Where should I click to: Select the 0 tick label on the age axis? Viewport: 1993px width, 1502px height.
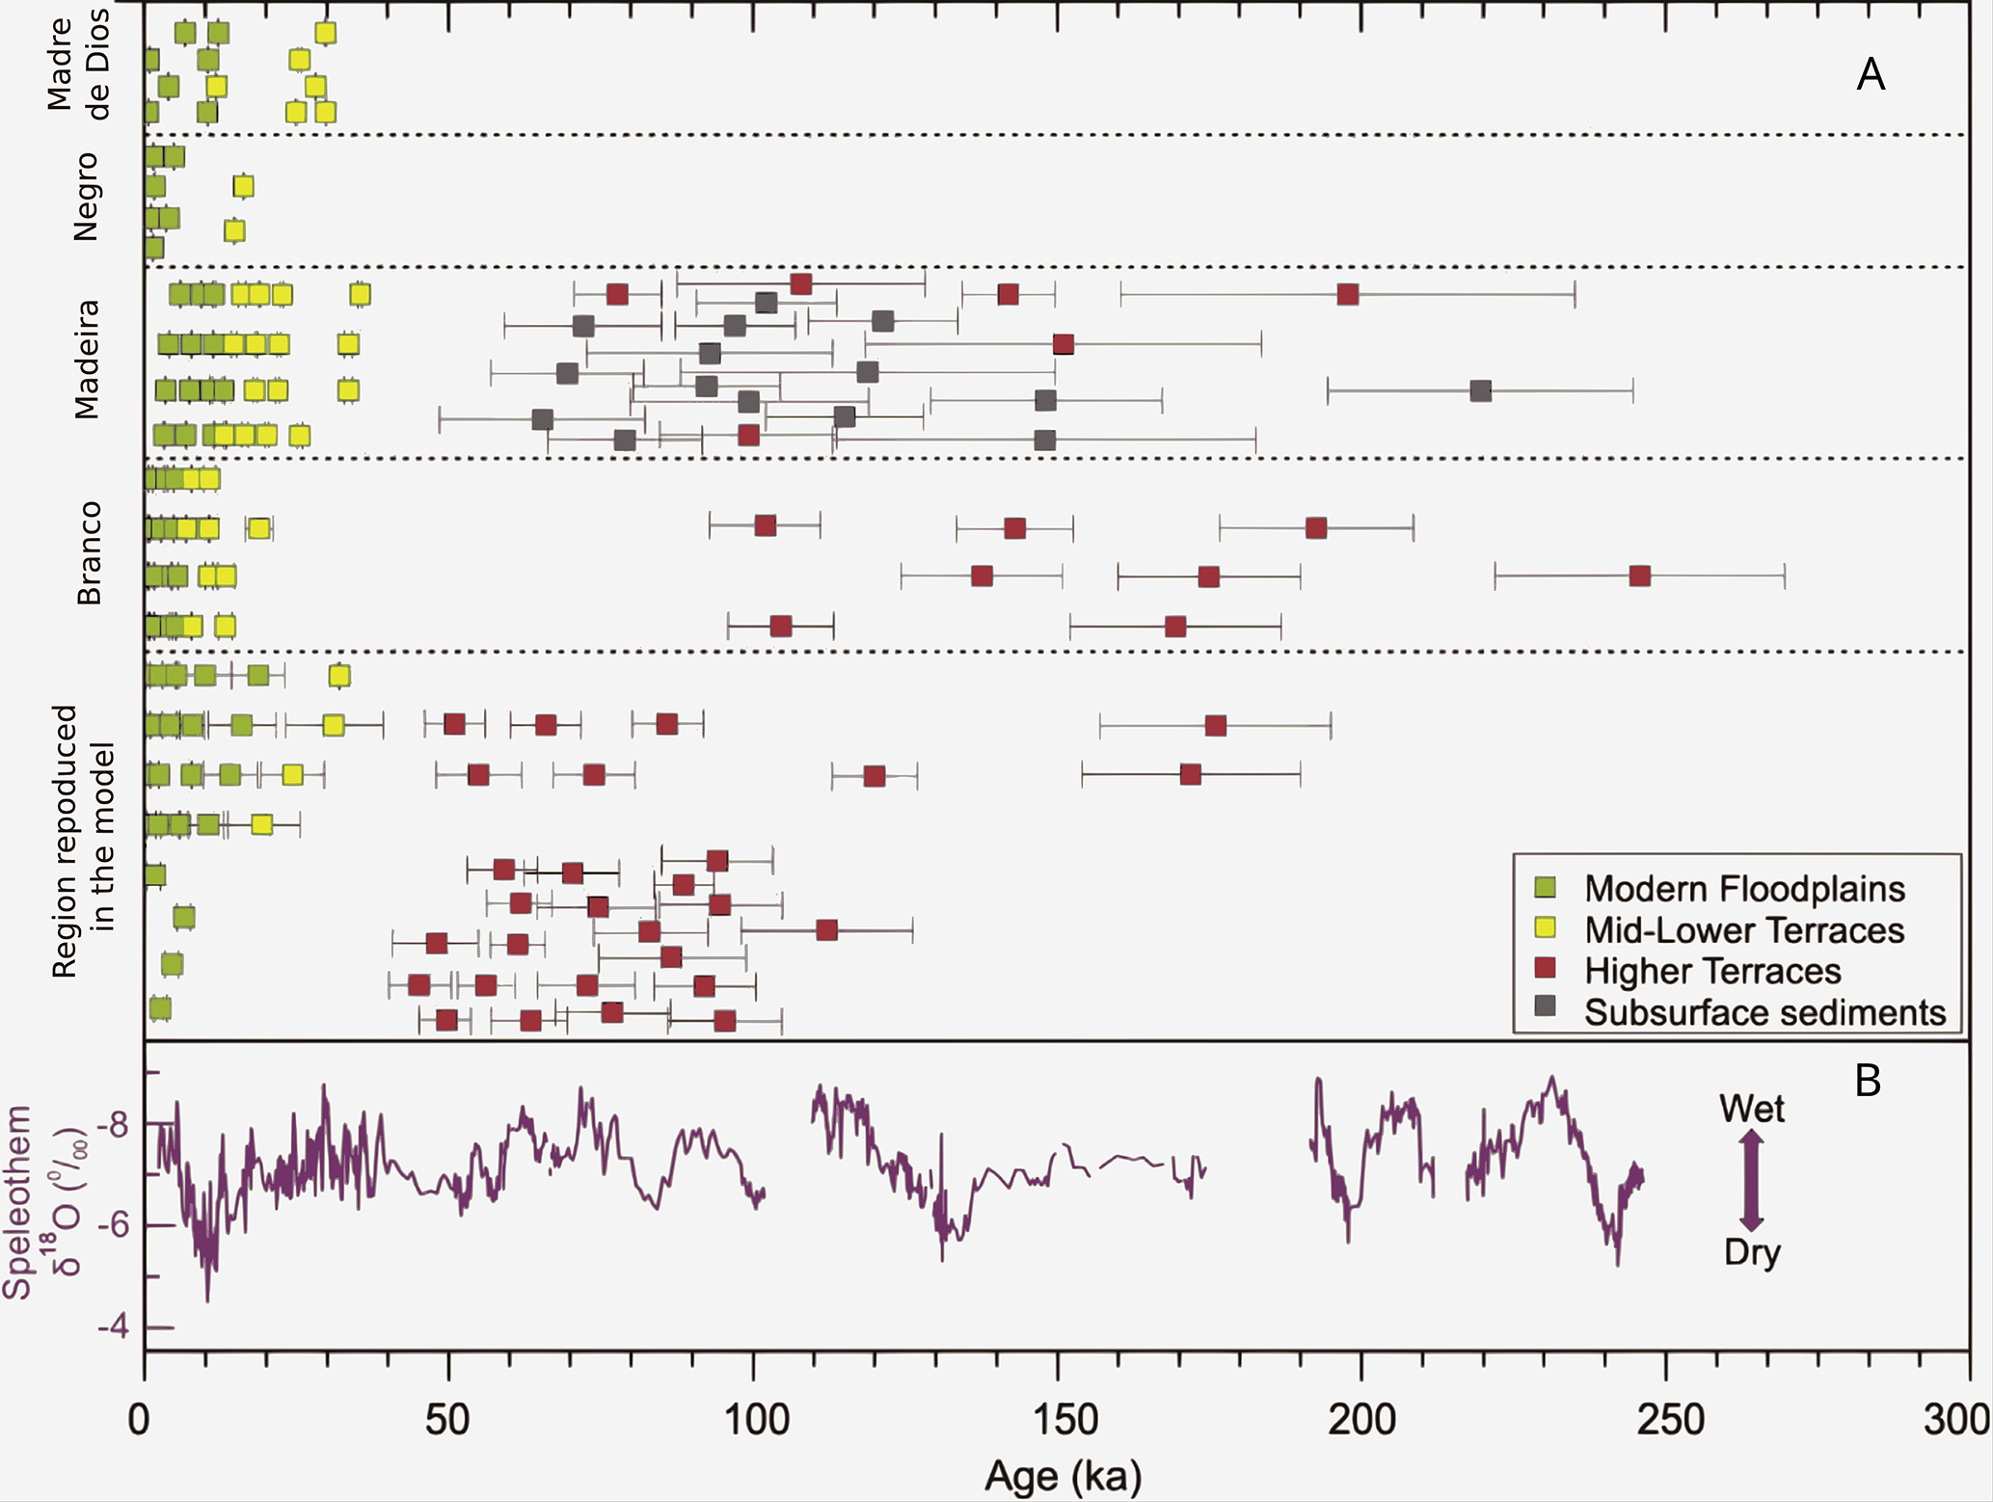coord(141,1420)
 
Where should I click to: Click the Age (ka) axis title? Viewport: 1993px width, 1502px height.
coord(1063,1476)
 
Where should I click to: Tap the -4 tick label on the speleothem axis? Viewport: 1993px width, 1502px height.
coord(114,1328)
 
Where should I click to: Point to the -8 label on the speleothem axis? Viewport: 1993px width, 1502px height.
coord(114,1124)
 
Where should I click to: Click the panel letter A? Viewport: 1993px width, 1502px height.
coord(1871,74)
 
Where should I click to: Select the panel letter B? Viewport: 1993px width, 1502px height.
coord(1868,1081)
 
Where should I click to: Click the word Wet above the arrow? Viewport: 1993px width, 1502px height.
coord(1751,1109)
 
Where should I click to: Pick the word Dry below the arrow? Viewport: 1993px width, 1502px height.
coord(1751,1253)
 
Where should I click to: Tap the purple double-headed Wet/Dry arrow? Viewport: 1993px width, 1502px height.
coord(1751,1181)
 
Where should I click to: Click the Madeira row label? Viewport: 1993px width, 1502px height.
coord(88,359)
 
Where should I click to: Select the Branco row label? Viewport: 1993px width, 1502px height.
coord(89,553)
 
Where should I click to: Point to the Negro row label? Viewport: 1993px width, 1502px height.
coord(86,197)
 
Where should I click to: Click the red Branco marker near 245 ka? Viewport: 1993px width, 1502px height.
coord(1639,577)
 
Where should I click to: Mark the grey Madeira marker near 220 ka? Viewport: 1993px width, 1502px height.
coord(1481,390)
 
